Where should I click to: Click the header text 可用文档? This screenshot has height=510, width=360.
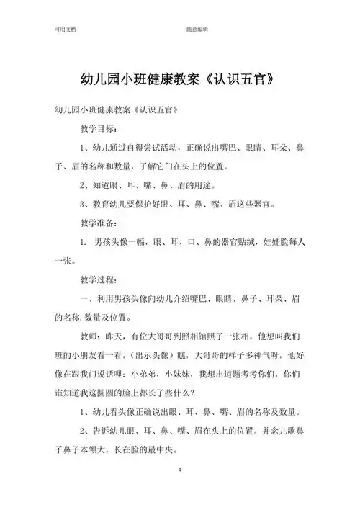coord(66,31)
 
